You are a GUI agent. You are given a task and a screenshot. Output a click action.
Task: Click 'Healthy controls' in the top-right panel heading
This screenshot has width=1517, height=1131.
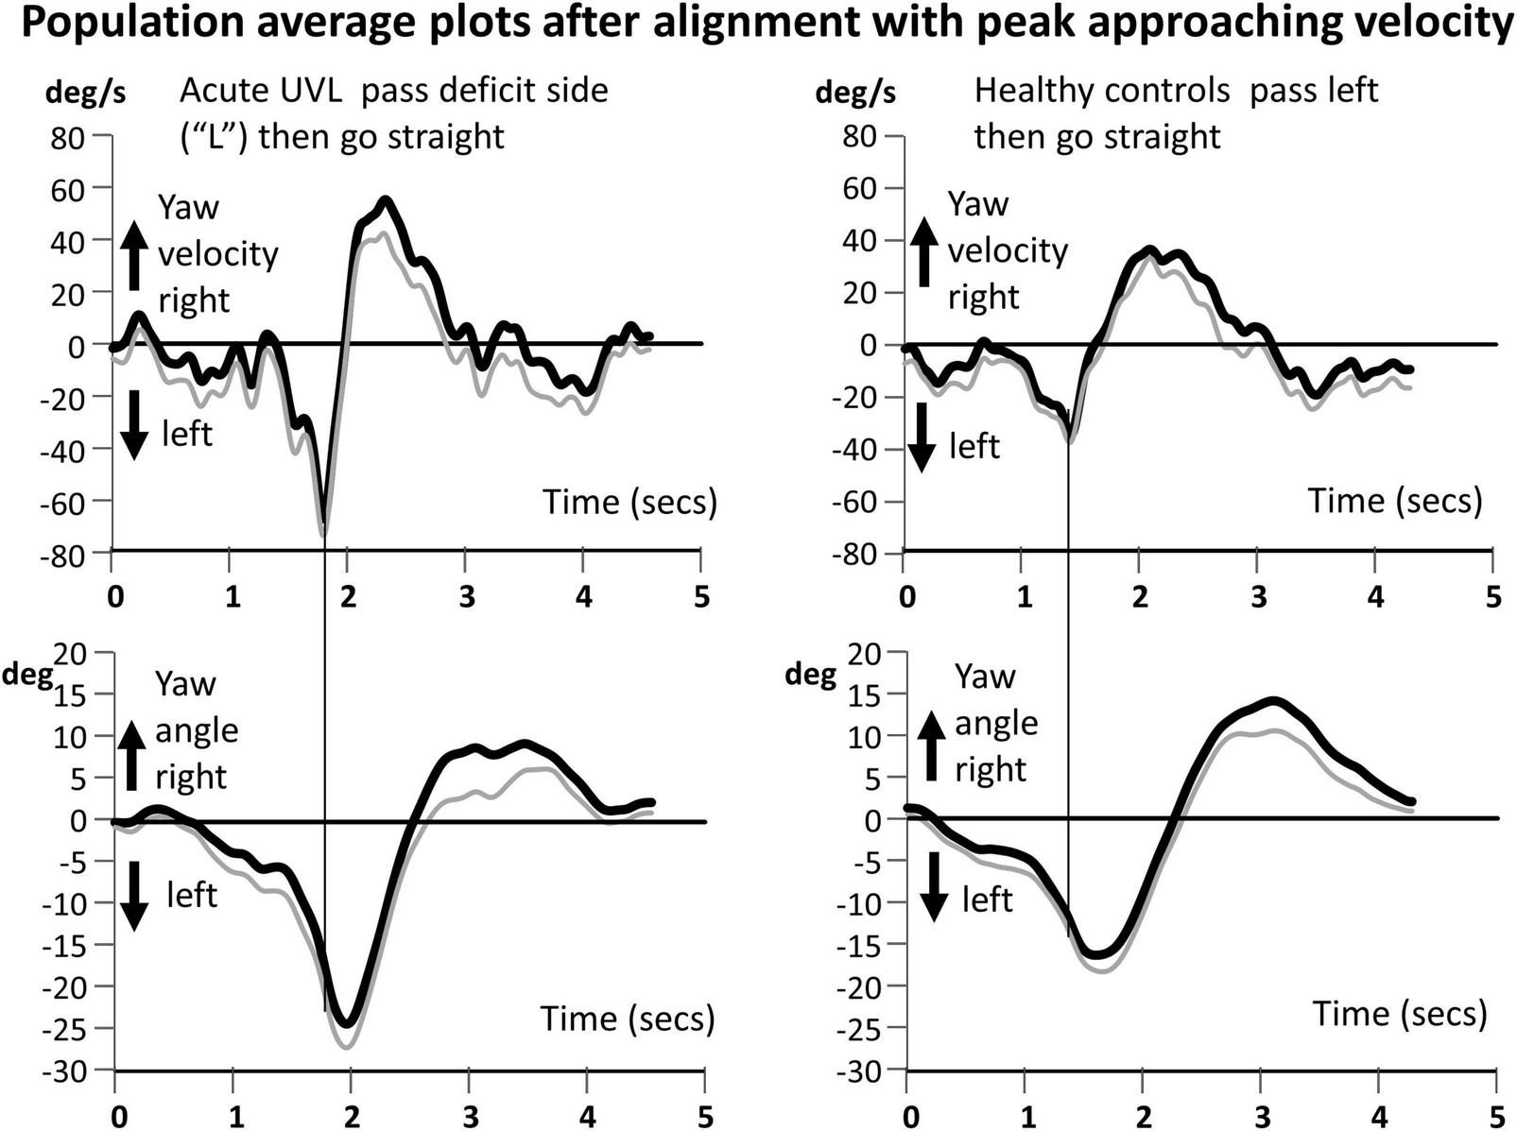[x=1102, y=91]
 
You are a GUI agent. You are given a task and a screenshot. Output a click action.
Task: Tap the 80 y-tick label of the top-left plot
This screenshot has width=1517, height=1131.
[x=66, y=137]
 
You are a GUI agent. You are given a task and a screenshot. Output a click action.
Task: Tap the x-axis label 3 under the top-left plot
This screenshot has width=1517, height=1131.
[x=466, y=597]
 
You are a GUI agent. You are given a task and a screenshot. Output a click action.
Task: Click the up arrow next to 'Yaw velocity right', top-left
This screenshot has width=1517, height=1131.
[x=134, y=254]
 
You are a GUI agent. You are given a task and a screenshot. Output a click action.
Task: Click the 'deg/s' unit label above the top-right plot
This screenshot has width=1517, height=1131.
[x=855, y=93]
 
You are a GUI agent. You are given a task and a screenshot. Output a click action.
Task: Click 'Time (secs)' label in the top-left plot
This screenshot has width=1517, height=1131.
[x=629, y=502]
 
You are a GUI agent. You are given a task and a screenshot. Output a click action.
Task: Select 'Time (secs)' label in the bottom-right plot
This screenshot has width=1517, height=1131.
[x=1400, y=1014]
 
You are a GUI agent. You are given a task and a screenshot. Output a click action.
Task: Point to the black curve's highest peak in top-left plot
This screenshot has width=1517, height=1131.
[x=385, y=200]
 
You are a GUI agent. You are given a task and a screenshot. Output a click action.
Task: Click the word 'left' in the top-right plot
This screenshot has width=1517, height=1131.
[x=974, y=446]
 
